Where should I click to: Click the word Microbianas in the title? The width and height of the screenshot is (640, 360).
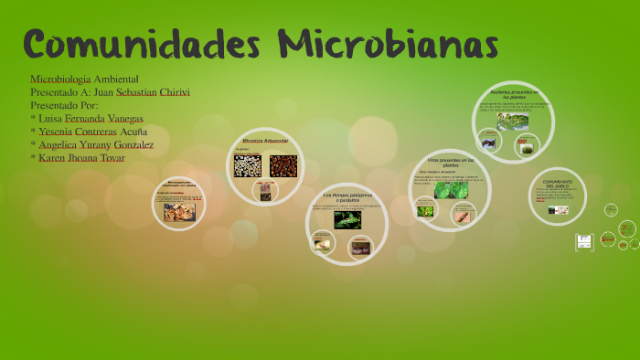[x=388, y=43]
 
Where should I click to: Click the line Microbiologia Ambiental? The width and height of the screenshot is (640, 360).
[x=84, y=79]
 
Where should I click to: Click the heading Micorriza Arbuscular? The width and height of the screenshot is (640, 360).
[x=265, y=141]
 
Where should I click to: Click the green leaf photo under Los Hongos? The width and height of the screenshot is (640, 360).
[x=347, y=219]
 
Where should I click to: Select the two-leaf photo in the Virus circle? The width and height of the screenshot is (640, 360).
[x=449, y=189]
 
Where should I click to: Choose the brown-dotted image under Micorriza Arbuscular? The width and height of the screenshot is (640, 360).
[x=283, y=165]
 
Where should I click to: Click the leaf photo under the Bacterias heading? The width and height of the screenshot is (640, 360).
[x=513, y=121]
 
